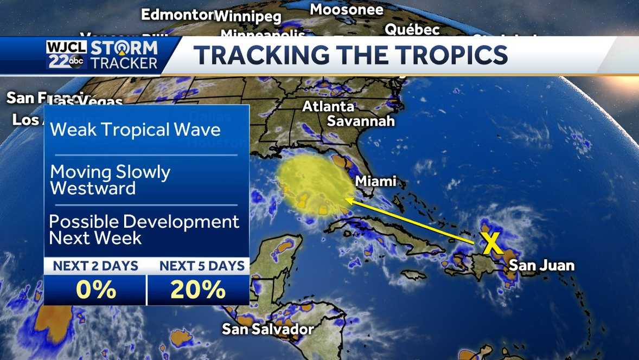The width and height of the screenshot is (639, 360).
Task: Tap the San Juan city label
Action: click(x=541, y=265)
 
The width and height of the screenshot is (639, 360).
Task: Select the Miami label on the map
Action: click(x=375, y=181)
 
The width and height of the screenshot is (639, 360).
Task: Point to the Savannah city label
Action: click(x=361, y=120)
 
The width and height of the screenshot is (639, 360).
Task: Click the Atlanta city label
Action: click(x=328, y=106)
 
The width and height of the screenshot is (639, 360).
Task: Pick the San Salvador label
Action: click(x=268, y=329)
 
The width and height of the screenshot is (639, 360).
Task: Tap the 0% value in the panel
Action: click(x=95, y=290)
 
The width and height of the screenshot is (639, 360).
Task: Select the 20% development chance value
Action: click(x=198, y=290)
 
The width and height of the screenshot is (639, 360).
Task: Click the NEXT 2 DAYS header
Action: click(x=95, y=266)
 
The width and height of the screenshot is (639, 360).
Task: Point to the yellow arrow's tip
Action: click(x=346, y=200)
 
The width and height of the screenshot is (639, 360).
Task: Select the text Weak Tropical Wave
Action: click(x=135, y=130)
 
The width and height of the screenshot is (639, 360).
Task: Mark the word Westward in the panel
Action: click(x=93, y=189)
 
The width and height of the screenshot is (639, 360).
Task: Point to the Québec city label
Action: click(x=412, y=29)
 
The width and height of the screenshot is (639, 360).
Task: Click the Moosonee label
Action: click(x=346, y=9)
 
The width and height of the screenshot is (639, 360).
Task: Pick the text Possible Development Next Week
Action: click(x=144, y=229)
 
